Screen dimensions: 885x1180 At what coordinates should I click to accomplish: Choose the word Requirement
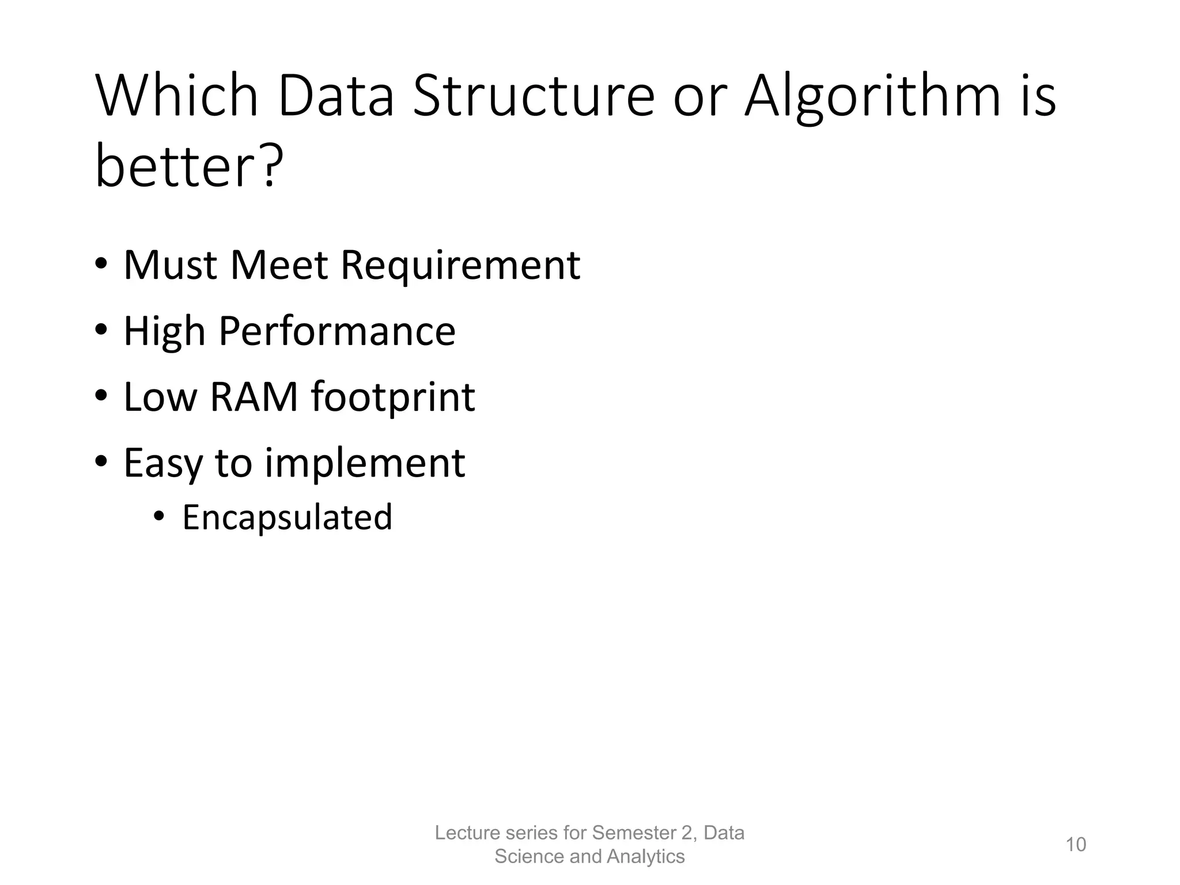460,266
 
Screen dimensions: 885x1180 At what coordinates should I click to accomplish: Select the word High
164,332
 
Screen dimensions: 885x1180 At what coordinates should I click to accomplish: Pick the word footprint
393,398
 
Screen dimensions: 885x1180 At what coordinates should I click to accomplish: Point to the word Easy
163,464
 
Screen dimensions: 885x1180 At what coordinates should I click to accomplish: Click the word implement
365,464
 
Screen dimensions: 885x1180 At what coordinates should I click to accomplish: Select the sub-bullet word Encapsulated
287,517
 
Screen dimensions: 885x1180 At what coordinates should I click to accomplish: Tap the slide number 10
1076,845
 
